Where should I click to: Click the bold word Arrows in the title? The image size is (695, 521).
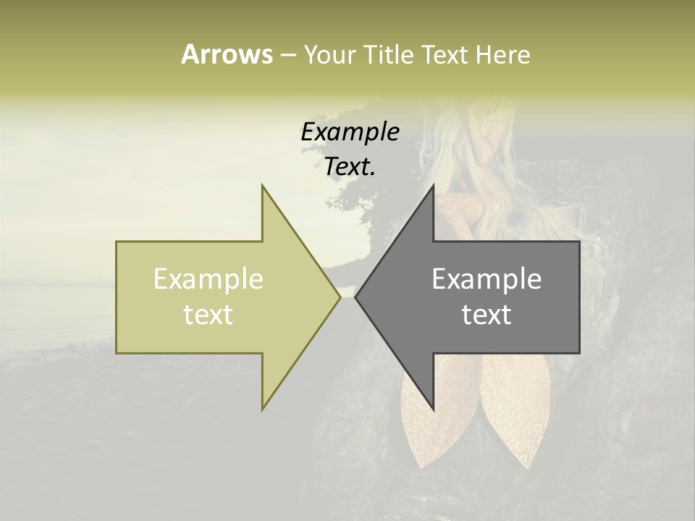point(227,54)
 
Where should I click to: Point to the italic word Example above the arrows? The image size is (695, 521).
point(350,132)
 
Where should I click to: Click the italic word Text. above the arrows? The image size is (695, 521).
point(350,166)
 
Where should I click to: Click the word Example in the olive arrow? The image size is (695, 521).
point(208,279)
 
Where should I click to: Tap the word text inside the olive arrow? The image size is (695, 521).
point(208,315)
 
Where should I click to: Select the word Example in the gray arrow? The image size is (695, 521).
point(486,279)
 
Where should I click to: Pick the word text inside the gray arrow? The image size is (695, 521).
point(486,315)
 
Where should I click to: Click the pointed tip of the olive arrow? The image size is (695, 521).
point(340,297)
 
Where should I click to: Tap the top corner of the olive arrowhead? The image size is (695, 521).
point(262,185)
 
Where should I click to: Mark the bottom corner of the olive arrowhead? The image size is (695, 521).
point(262,410)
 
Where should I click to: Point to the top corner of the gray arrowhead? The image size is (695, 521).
point(434,185)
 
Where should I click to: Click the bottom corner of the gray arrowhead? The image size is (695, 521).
point(434,410)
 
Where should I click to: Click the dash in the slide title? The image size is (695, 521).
point(287,56)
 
